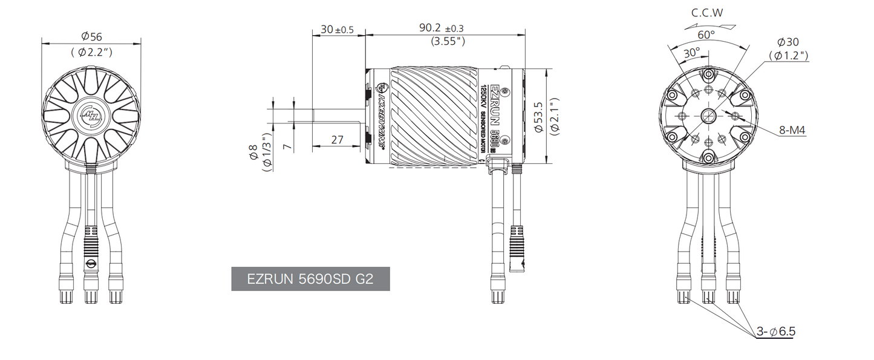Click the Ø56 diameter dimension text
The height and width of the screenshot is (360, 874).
point(92,36)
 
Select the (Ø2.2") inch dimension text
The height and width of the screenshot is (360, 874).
point(92,52)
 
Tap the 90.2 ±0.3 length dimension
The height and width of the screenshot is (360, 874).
point(442,28)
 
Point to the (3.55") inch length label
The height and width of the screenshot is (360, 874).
point(448,41)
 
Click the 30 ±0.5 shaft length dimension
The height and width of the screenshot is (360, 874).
point(337,29)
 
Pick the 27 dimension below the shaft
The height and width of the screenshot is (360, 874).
point(337,140)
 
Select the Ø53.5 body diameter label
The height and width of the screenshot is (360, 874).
point(539,117)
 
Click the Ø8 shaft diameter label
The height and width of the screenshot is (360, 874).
point(253,151)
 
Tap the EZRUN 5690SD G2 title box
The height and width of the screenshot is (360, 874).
point(310,279)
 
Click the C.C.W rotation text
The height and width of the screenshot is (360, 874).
point(707,13)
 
